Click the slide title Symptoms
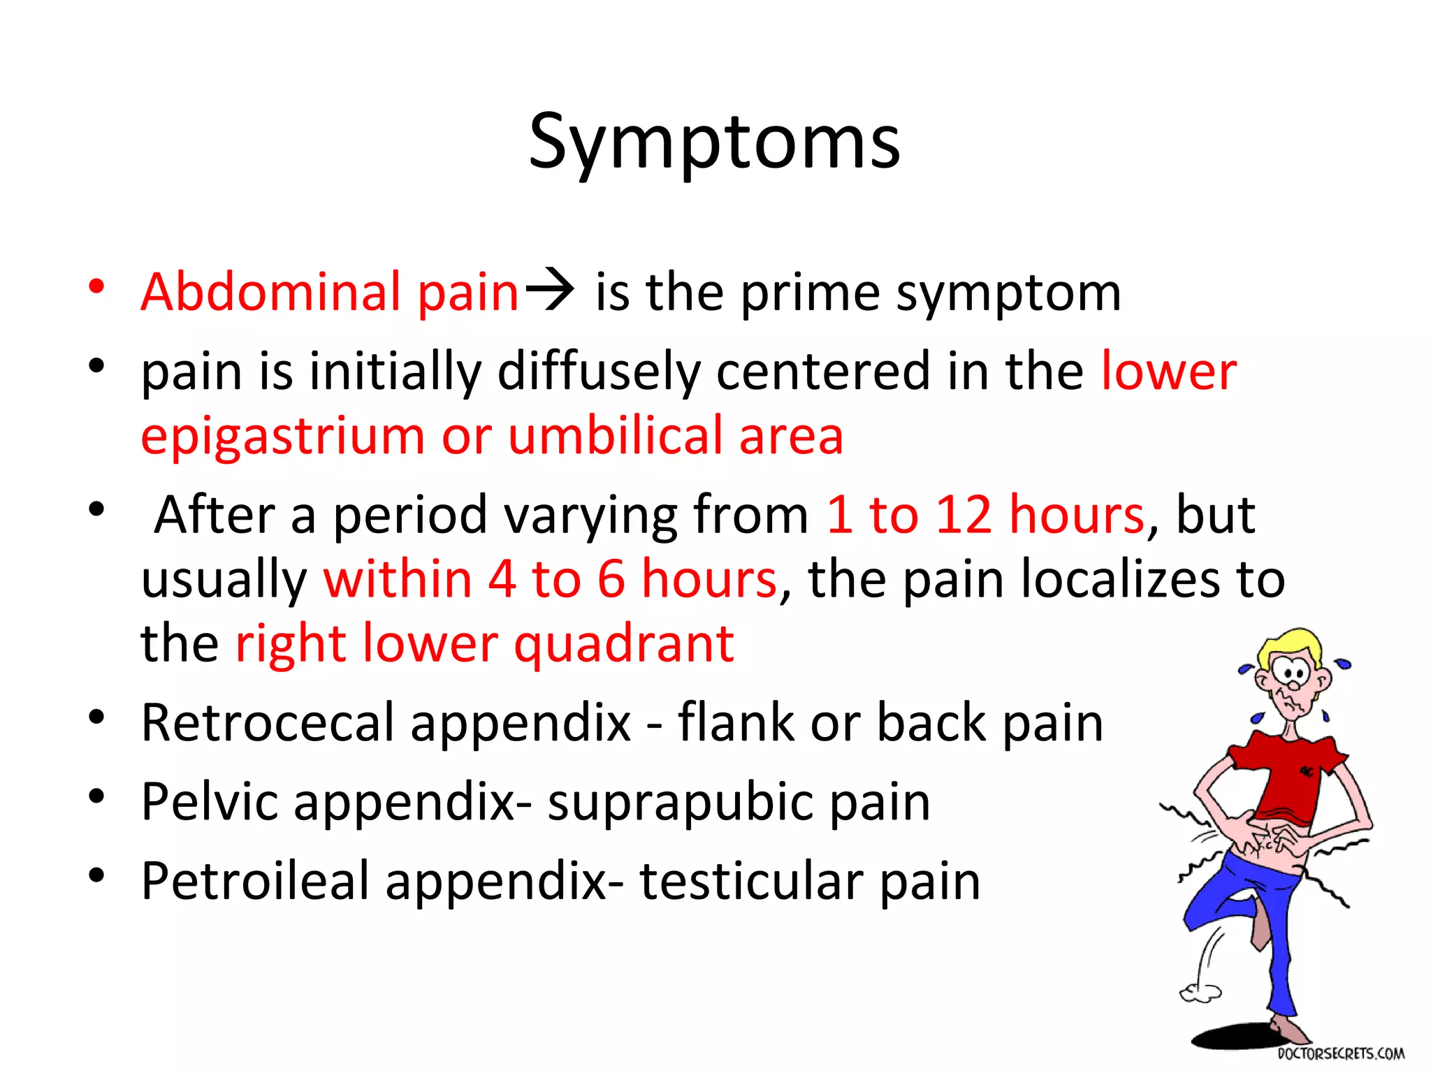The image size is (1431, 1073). [714, 143]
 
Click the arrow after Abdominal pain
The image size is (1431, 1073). [549, 289]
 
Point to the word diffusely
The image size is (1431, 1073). [599, 372]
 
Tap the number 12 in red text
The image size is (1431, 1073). [963, 515]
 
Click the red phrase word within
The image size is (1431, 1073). [398, 579]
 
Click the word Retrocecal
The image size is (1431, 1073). [268, 722]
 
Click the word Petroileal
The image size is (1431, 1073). [254, 881]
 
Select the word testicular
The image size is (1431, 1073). [750, 881]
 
